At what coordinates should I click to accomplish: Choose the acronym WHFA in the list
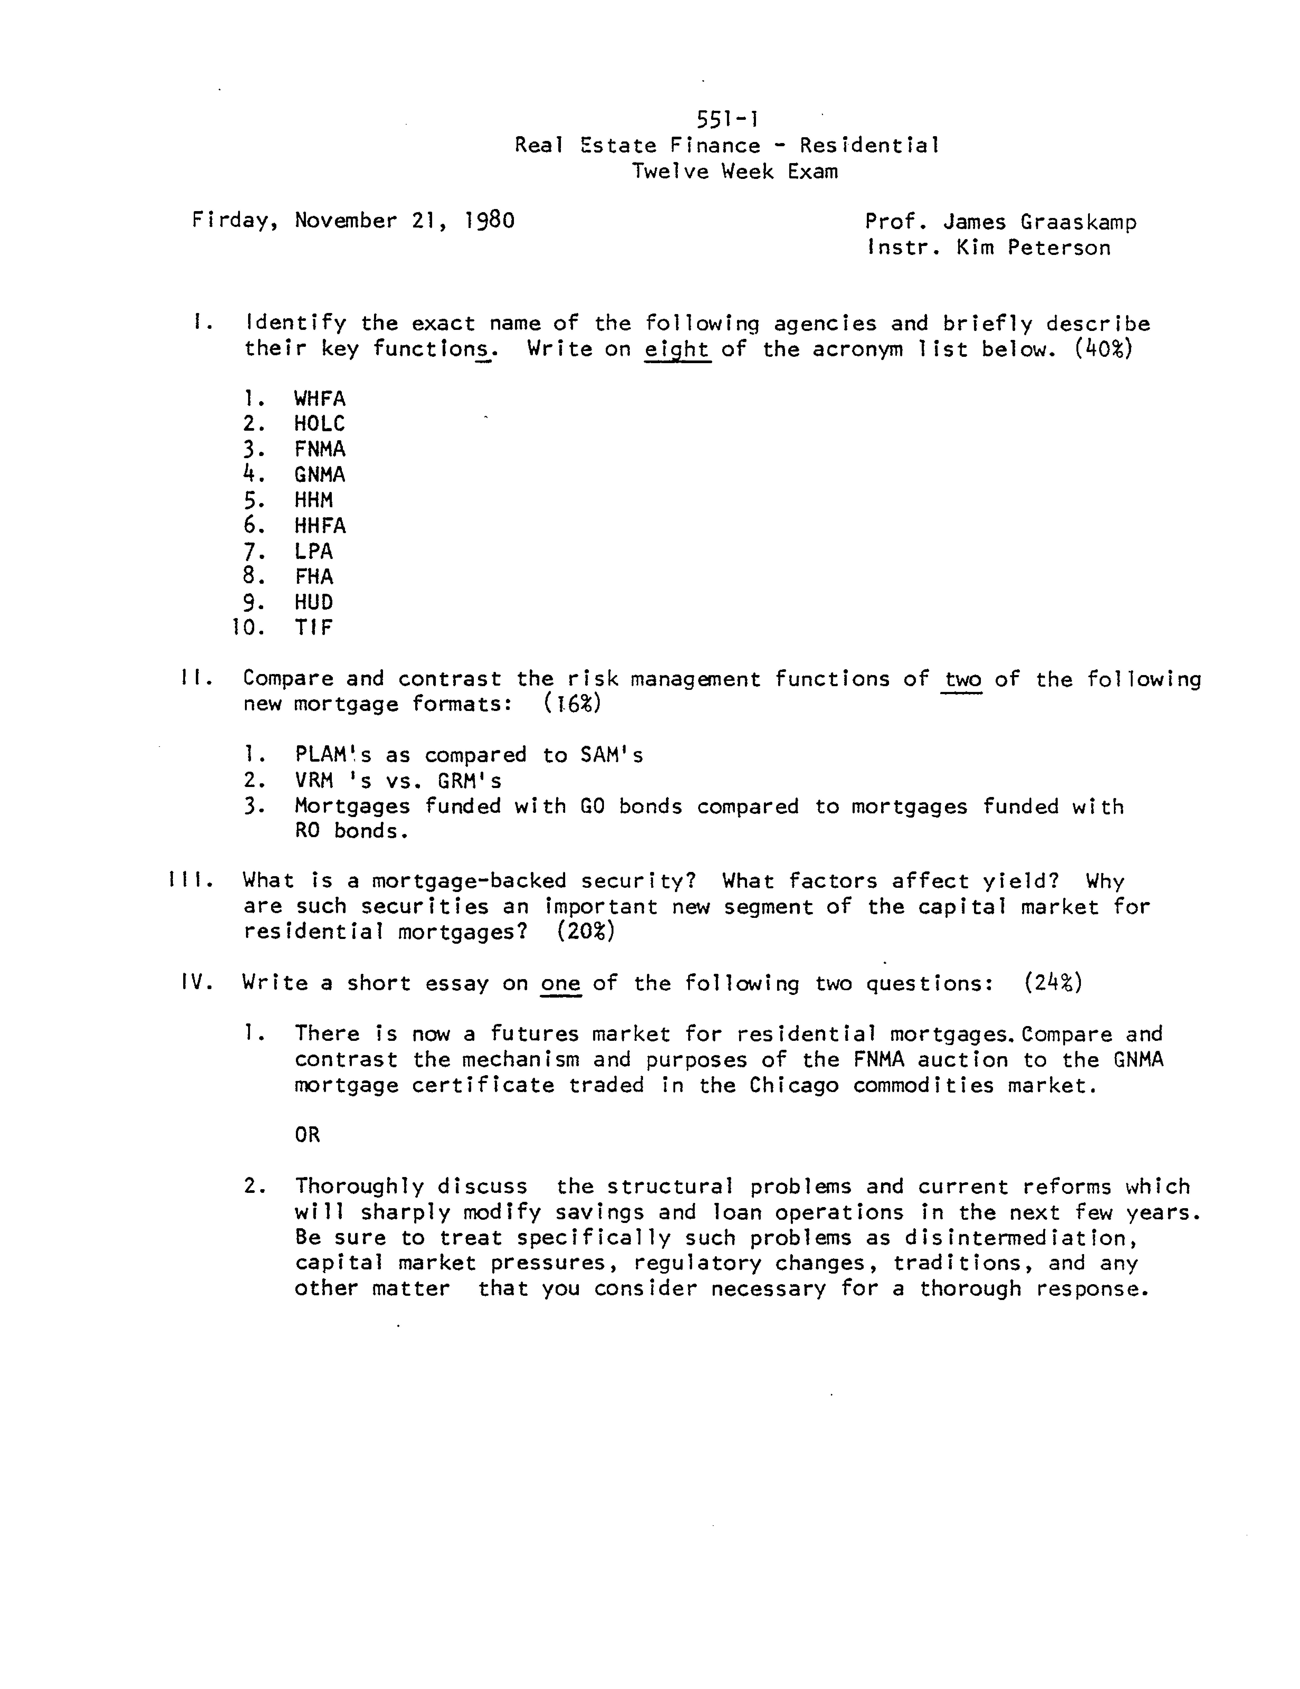pyautogui.click(x=319, y=399)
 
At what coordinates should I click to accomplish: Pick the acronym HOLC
pyautogui.click(x=319, y=424)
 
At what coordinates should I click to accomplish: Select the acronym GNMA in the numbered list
pyautogui.click(x=319, y=475)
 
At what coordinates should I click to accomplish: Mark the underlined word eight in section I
pyautogui.click(x=678, y=350)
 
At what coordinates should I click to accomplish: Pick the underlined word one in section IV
pyautogui.click(x=561, y=984)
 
